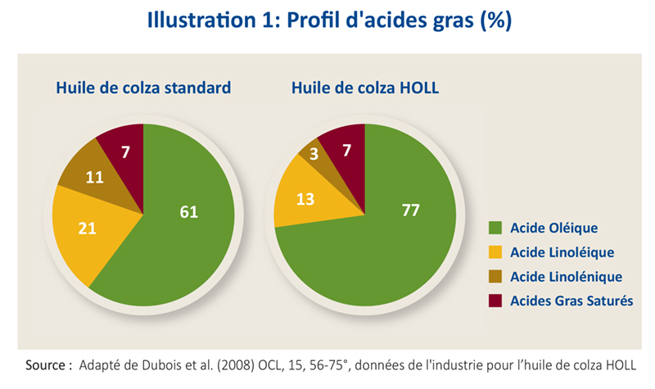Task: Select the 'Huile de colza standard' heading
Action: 142,88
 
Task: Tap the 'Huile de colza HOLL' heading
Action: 365,88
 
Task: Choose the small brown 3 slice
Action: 313,155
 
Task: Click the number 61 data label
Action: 189,211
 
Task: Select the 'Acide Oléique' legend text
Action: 553,228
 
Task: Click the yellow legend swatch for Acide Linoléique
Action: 494,252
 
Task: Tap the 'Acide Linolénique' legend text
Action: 566,277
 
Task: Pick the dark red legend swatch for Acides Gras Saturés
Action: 494,301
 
